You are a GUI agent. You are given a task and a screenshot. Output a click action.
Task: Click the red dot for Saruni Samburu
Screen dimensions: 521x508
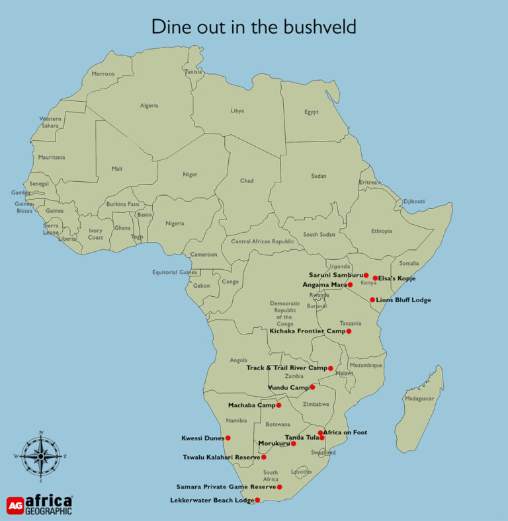tap(366, 275)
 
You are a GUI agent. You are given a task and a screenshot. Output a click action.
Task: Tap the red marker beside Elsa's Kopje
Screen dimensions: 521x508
tap(375, 278)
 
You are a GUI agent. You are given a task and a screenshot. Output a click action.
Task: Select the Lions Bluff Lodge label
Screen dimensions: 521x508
tap(403, 300)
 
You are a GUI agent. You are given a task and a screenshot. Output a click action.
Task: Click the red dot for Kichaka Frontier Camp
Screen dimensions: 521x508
tap(349, 331)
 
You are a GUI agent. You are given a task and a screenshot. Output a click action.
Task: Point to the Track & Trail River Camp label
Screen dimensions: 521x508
tap(286, 368)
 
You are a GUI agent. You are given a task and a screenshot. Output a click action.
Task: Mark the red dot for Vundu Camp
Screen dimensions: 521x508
tap(312, 387)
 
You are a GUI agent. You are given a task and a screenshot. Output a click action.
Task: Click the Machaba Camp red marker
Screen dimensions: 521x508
tap(278, 405)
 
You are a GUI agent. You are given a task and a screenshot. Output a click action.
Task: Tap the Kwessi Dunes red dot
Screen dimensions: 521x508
tap(228, 438)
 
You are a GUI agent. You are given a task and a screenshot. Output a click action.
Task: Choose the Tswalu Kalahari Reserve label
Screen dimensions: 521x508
tap(221, 457)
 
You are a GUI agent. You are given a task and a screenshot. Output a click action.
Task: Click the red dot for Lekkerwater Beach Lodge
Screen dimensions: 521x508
tap(257, 500)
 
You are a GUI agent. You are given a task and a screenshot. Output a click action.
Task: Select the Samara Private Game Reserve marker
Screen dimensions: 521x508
tap(279, 487)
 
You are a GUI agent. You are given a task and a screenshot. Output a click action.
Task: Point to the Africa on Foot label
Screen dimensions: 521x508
tap(345, 432)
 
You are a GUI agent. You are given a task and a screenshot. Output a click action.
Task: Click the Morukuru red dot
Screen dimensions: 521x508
tap(293, 443)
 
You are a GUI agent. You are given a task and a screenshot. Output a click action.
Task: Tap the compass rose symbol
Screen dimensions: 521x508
tap(40, 456)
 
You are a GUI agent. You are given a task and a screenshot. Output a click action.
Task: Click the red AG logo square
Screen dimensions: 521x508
tap(15, 506)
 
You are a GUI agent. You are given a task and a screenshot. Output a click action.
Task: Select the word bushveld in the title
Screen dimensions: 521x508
tap(319, 27)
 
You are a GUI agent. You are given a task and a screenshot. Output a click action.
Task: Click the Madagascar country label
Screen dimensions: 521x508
tap(419, 399)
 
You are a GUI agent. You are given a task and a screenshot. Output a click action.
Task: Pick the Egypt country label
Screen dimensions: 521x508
tap(312, 112)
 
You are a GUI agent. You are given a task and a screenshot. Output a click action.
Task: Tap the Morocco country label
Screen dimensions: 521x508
tap(103, 73)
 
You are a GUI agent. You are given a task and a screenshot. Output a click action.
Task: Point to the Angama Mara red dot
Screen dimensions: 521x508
tap(350, 285)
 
